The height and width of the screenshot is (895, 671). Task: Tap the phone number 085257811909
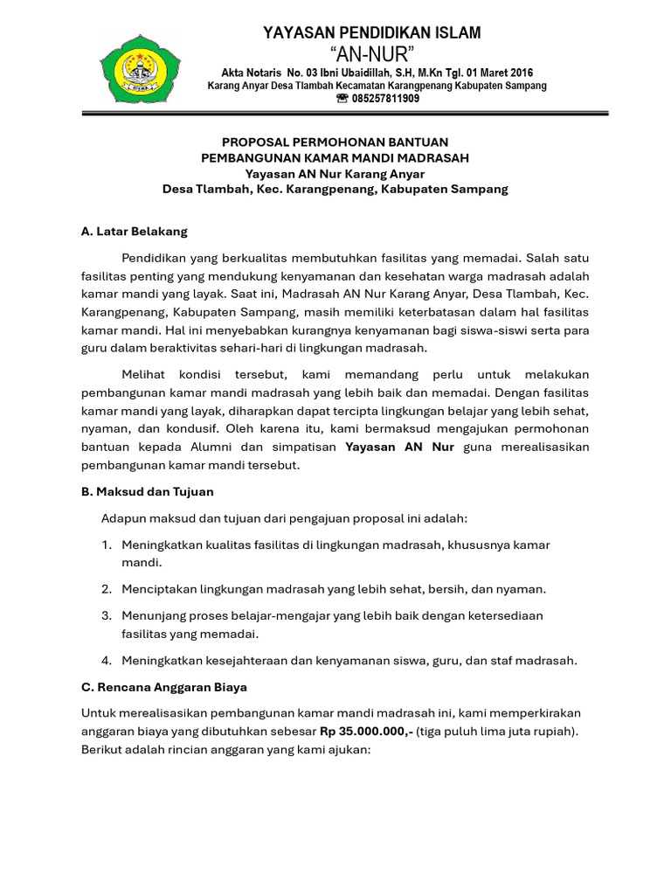[x=385, y=99]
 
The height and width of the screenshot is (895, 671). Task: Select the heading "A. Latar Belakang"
[x=134, y=232]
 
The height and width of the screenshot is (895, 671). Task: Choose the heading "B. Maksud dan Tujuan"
[x=147, y=492]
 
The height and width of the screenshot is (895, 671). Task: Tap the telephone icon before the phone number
[x=342, y=99]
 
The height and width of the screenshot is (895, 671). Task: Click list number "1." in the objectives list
[x=107, y=545]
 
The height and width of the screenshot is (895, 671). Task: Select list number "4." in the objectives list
[x=107, y=661]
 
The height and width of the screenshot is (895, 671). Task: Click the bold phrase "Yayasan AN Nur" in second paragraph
[x=399, y=447]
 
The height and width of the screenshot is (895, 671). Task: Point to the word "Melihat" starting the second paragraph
[x=144, y=373]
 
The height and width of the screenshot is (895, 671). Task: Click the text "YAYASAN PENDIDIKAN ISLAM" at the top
[x=371, y=33]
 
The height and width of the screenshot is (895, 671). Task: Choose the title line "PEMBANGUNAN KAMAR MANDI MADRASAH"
[x=335, y=157]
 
